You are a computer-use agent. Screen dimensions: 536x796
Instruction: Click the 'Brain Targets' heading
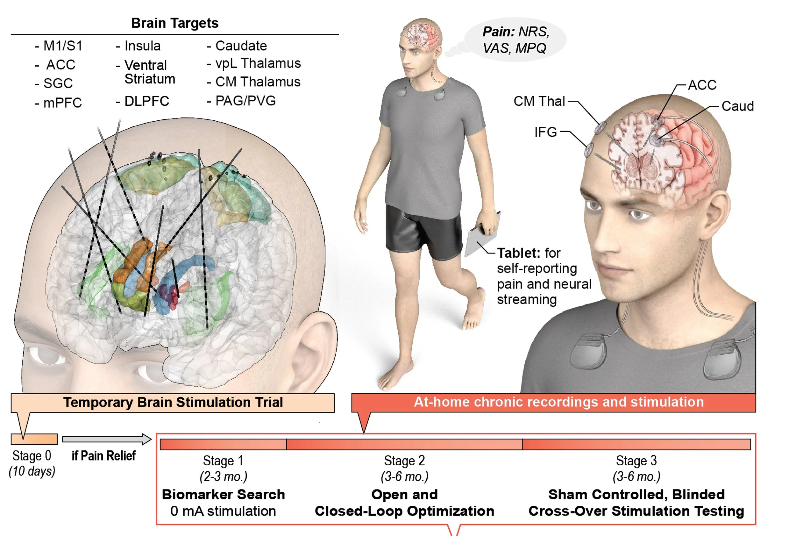click(x=175, y=23)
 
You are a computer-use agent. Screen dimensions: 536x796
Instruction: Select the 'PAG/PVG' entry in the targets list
click(x=245, y=101)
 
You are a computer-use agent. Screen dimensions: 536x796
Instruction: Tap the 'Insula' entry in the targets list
click(x=142, y=46)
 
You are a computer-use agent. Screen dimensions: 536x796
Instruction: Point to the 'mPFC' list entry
click(x=62, y=103)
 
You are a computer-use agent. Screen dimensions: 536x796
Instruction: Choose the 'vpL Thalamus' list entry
click(x=258, y=63)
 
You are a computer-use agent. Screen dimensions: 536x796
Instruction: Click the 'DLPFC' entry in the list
click(x=146, y=101)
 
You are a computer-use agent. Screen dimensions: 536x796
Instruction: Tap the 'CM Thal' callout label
click(x=539, y=101)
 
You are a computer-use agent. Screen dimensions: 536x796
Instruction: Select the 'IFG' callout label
click(x=545, y=132)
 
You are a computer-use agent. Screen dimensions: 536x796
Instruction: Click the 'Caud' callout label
click(x=737, y=106)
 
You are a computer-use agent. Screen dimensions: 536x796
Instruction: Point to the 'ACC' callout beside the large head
click(x=702, y=85)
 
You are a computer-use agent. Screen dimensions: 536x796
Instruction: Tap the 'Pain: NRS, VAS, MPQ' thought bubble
click(x=515, y=40)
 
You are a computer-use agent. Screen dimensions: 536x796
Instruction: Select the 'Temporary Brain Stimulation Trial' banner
click(x=173, y=402)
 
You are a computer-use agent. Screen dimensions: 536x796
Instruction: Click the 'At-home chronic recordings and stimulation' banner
click(x=558, y=402)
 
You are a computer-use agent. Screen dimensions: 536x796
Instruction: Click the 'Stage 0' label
click(x=32, y=456)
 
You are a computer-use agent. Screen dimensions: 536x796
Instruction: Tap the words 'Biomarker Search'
click(x=223, y=494)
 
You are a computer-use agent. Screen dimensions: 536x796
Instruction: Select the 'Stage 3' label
click(x=636, y=461)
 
